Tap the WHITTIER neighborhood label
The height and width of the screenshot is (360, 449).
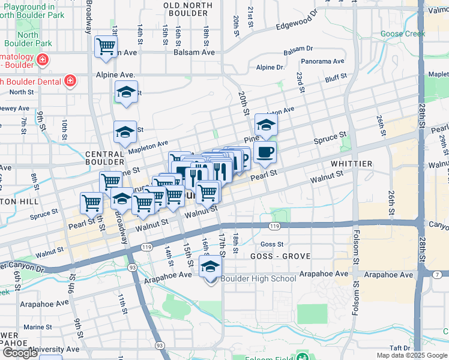(x=351, y=163)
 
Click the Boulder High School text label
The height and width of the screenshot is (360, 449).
(x=258, y=278)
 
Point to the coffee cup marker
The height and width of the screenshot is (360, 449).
(x=265, y=152)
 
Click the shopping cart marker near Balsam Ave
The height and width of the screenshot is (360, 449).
(x=106, y=46)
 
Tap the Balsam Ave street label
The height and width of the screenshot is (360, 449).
(x=194, y=52)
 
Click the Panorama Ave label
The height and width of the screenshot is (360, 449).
(x=323, y=61)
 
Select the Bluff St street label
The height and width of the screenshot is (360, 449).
(x=336, y=77)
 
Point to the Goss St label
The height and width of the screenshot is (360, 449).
(x=272, y=244)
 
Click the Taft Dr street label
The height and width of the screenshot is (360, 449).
(x=399, y=347)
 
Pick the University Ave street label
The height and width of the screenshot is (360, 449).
(x=57, y=349)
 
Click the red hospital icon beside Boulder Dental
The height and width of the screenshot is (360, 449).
(x=70, y=81)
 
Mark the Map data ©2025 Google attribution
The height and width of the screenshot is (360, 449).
(x=412, y=355)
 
